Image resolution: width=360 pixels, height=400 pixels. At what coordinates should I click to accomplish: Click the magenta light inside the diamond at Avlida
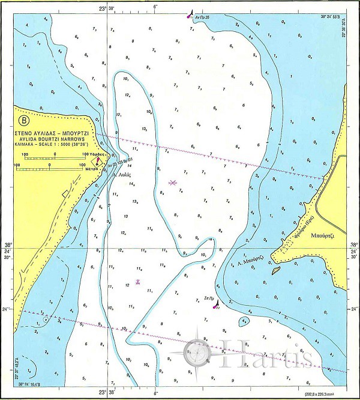[97, 161]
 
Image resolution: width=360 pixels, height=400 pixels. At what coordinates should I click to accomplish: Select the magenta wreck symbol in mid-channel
[173, 182]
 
